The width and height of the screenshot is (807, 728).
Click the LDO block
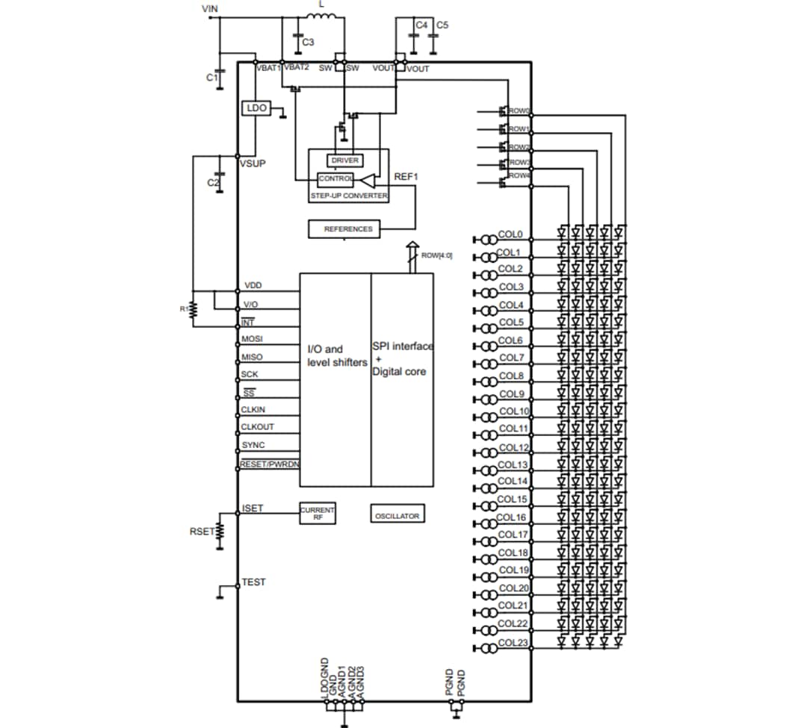click(256, 109)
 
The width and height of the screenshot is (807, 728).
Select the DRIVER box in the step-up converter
click(344, 161)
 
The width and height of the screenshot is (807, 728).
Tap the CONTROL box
click(336, 179)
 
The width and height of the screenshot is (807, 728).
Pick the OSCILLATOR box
click(398, 515)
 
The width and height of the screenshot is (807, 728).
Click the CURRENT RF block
click(318, 513)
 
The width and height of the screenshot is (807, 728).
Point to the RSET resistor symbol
click(220, 532)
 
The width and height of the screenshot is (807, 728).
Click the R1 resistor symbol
click(193, 308)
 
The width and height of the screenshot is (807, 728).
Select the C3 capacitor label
click(308, 43)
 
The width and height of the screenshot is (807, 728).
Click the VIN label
click(211, 9)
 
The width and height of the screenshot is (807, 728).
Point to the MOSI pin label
click(252, 339)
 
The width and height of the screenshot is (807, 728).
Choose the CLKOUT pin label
click(257, 427)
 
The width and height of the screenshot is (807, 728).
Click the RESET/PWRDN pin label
click(269, 464)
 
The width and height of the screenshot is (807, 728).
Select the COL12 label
click(513, 447)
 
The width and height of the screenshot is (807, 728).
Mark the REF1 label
click(406, 177)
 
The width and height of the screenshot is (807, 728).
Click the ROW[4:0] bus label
click(436, 255)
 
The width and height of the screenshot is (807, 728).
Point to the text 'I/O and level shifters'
click(336, 355)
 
